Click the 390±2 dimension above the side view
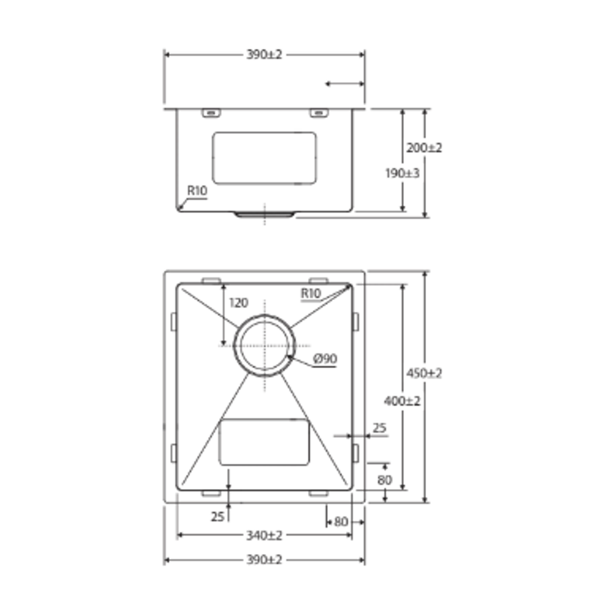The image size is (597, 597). coord(264,55)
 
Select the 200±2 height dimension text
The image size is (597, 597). coord(424,148)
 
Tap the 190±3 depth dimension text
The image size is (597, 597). coord(402,173)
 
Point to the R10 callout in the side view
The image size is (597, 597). coord(196,191)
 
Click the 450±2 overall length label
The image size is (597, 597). coord(424,373)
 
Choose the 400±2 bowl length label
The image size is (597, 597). coord(402,401)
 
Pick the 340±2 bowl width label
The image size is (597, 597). coord(264,535)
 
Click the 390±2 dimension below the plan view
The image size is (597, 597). coord(264,560)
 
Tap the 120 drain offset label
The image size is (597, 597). coord(238,303)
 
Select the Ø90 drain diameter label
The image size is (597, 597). coord(325,359)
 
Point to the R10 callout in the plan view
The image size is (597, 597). coord(311,294)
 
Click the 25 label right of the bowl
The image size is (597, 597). coord(379,428)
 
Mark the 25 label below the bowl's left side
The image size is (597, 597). coord(218,517)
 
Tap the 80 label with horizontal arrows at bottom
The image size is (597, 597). coord(341,521)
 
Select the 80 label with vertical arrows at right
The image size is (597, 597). coord(385,480)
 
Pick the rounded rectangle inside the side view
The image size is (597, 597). coord(265,158)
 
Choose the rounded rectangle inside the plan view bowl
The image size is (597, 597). coord(264,442)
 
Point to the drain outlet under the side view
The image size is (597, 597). coord(265,214)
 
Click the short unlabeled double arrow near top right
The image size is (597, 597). coord(344,84)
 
